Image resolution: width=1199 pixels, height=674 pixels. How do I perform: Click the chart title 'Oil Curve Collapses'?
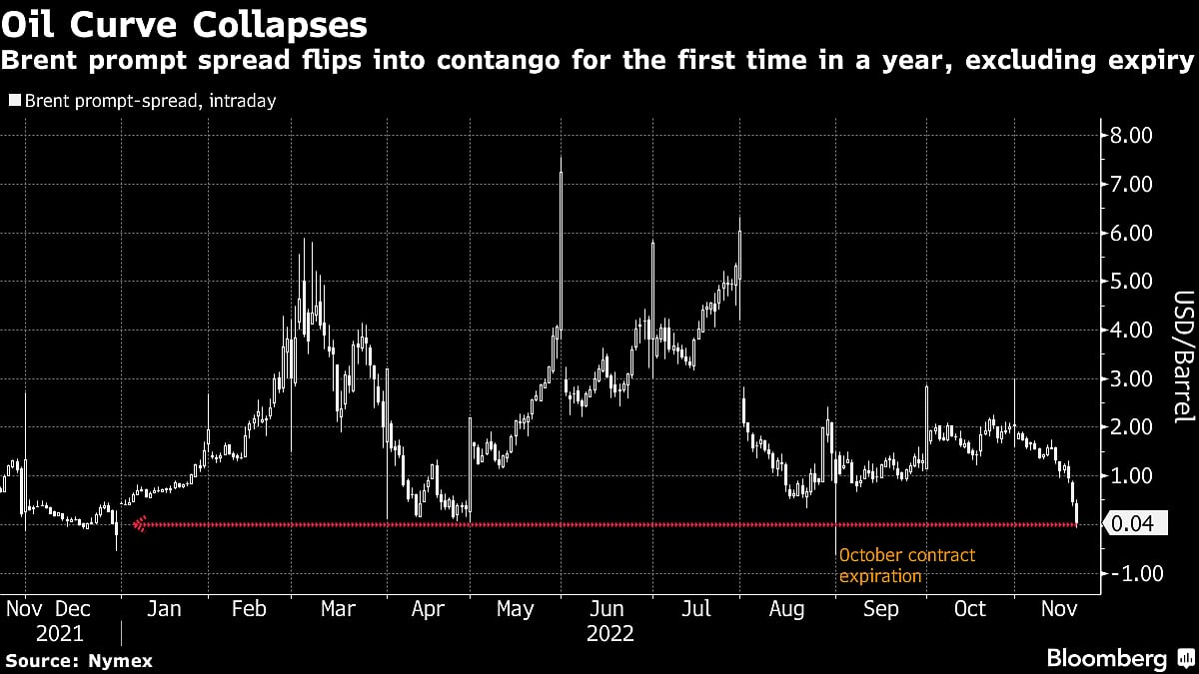tap(184, 22)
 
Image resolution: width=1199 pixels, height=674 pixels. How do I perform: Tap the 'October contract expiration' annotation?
tap(907, 565)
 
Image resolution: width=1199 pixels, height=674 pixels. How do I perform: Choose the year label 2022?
tap(609, 633)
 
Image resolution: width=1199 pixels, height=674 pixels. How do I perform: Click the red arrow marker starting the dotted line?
tap(141, 523)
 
